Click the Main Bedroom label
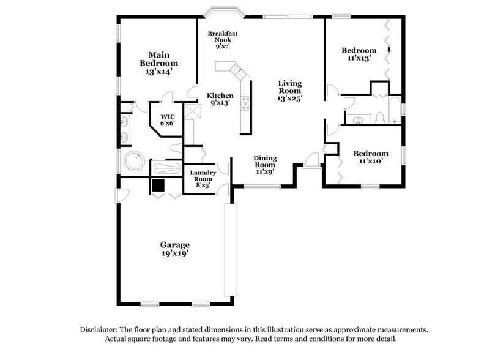pos(158,63)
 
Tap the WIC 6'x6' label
pos(168,119)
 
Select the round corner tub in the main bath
pos(133,162)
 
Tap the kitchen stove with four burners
pos(245,103)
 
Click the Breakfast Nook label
pos(222,39)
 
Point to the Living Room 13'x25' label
pos(290,90)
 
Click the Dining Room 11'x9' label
pos(265,165)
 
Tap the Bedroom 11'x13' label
pos(359,54)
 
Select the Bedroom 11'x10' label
pos(370,157)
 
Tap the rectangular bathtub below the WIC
pos(165,168)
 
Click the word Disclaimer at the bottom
pos(100,329)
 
